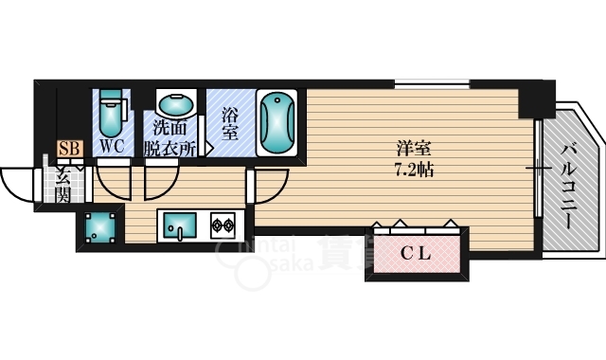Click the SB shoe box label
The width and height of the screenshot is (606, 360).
(x=67, y=148)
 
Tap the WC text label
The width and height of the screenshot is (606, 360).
(x=112, y=147)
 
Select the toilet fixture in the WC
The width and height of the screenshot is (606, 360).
(x=112, y=114)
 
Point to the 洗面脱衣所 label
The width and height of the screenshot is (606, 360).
(x=170, y=138)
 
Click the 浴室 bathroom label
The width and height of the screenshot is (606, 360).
(x=229, y=124)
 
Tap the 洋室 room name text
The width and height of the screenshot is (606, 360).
(x=410, y=148)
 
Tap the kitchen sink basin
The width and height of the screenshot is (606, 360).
(x=178, y=225)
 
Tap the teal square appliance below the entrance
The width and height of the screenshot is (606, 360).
(x=99, y=228)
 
